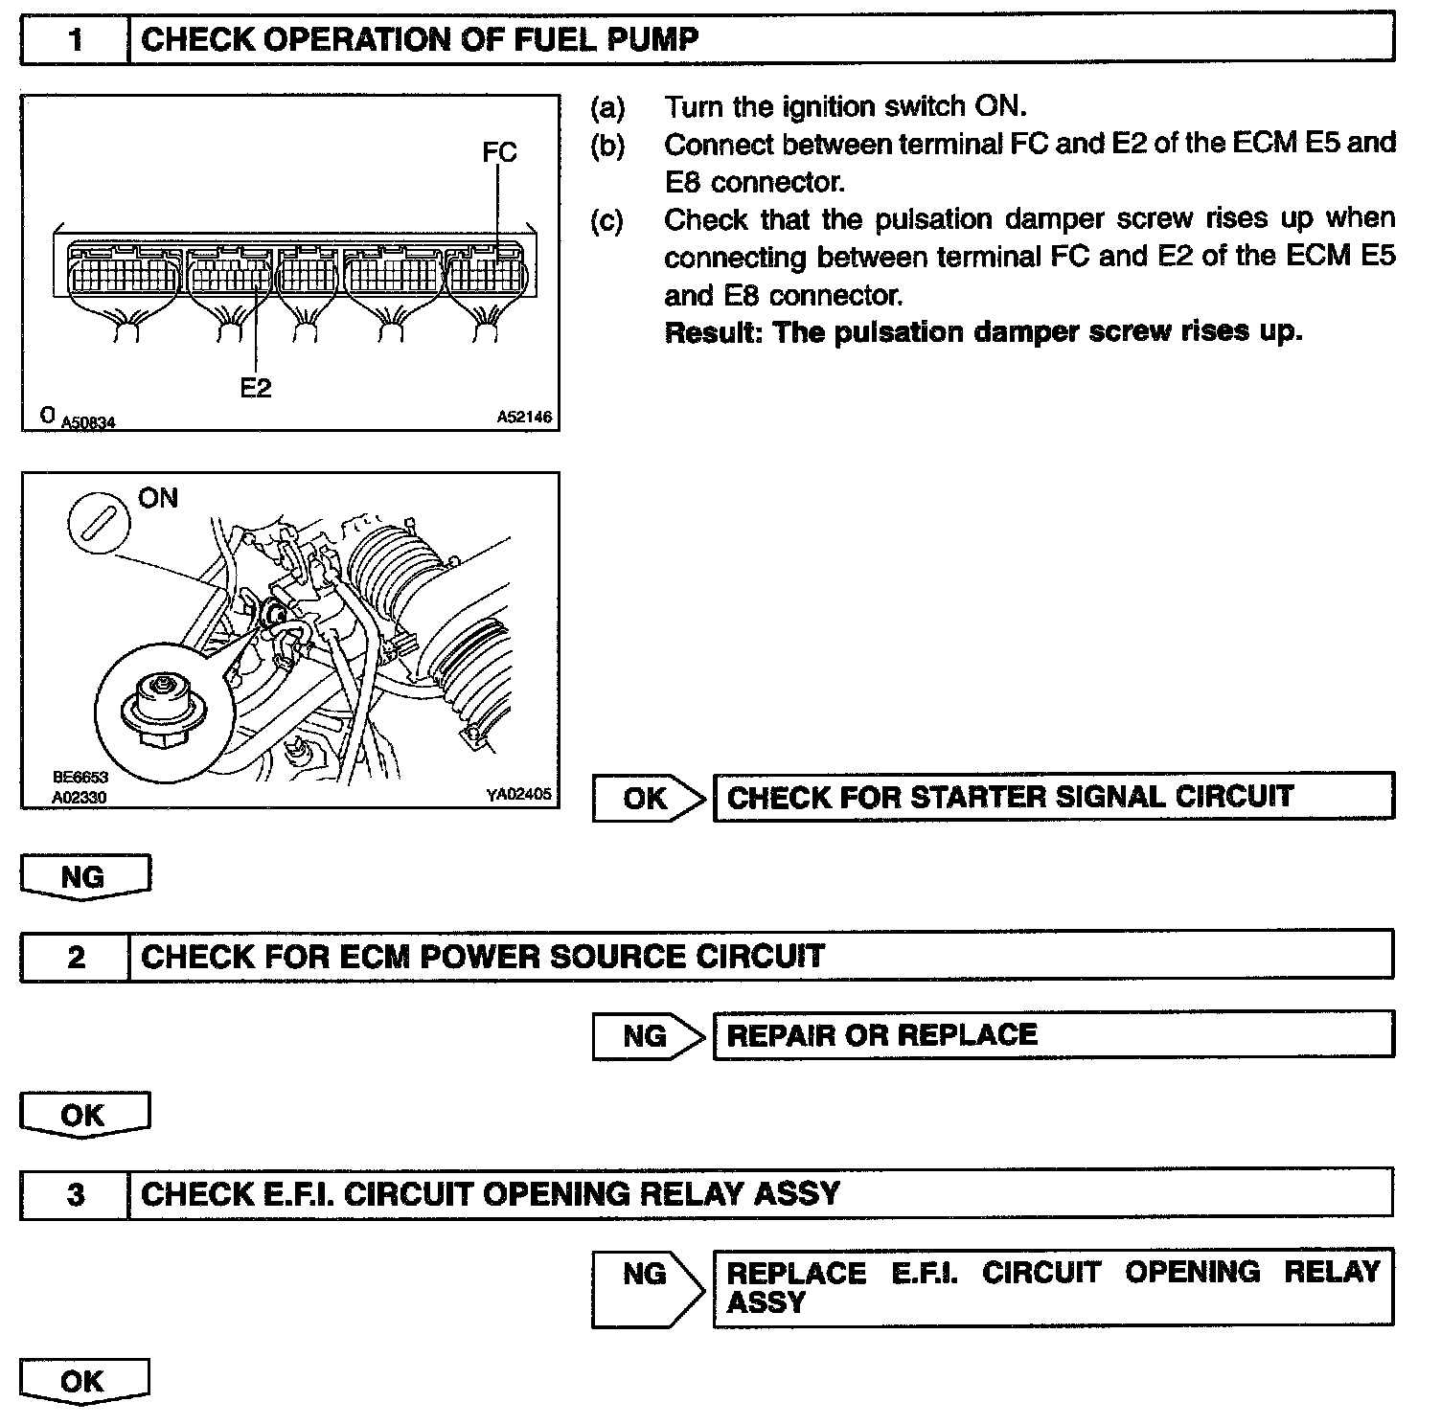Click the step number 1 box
point(75,39)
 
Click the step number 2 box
point(75,956)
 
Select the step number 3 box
point(75,1194)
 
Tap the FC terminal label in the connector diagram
point(499,152)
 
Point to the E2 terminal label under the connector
point(256,387)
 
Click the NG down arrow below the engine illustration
point(84,877)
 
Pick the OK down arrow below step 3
point(84,1382)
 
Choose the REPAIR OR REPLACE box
point(1053,1035)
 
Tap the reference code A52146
point(524,418)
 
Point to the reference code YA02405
point(519,793)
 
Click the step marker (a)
point(607,107)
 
